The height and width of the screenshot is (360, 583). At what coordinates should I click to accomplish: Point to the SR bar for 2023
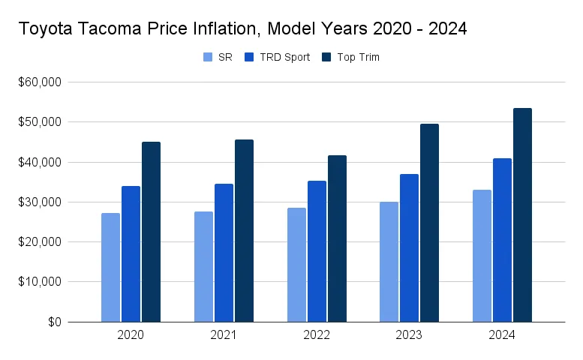(389, 262)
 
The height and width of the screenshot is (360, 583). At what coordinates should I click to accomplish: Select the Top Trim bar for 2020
(151, 232)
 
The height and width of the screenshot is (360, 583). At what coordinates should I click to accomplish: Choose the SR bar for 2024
(482, 256)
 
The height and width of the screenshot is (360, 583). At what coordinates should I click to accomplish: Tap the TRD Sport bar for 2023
(409, 248)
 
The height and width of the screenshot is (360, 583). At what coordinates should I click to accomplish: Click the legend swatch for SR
(208, 57)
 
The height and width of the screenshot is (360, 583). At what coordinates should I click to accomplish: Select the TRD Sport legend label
(284, 57)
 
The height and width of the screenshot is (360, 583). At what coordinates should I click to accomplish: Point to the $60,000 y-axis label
(40, 82)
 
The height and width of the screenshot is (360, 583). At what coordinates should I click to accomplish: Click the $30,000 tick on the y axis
(40, 202)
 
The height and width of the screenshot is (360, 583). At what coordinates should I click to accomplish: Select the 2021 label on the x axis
(224, 335)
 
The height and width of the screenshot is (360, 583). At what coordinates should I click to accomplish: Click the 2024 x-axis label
(502, 335)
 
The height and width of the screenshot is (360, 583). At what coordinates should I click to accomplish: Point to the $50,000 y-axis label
(40, 121)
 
